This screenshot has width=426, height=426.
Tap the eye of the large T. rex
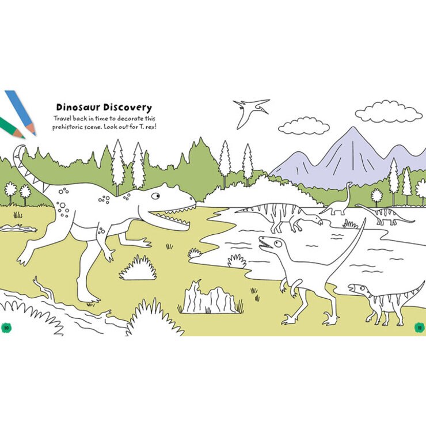pyautogui.click(x=155, y=196)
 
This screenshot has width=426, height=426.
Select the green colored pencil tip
pyautogui.click(x=20, y=134)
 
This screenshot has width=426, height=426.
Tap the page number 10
pyautogui.click(x=6, y=328)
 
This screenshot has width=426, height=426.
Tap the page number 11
pyautogui.click(x=420, y=328)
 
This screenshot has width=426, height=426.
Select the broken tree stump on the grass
pyautogui.click(x=209, y=298)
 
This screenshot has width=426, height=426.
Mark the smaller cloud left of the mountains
pyautogui.click(x=304, y=126)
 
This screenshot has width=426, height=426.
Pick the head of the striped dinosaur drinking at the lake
pyautogui.click(x=317, y=220)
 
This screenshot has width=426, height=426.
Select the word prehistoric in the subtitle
pyautogui.click(x=67, y=127)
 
